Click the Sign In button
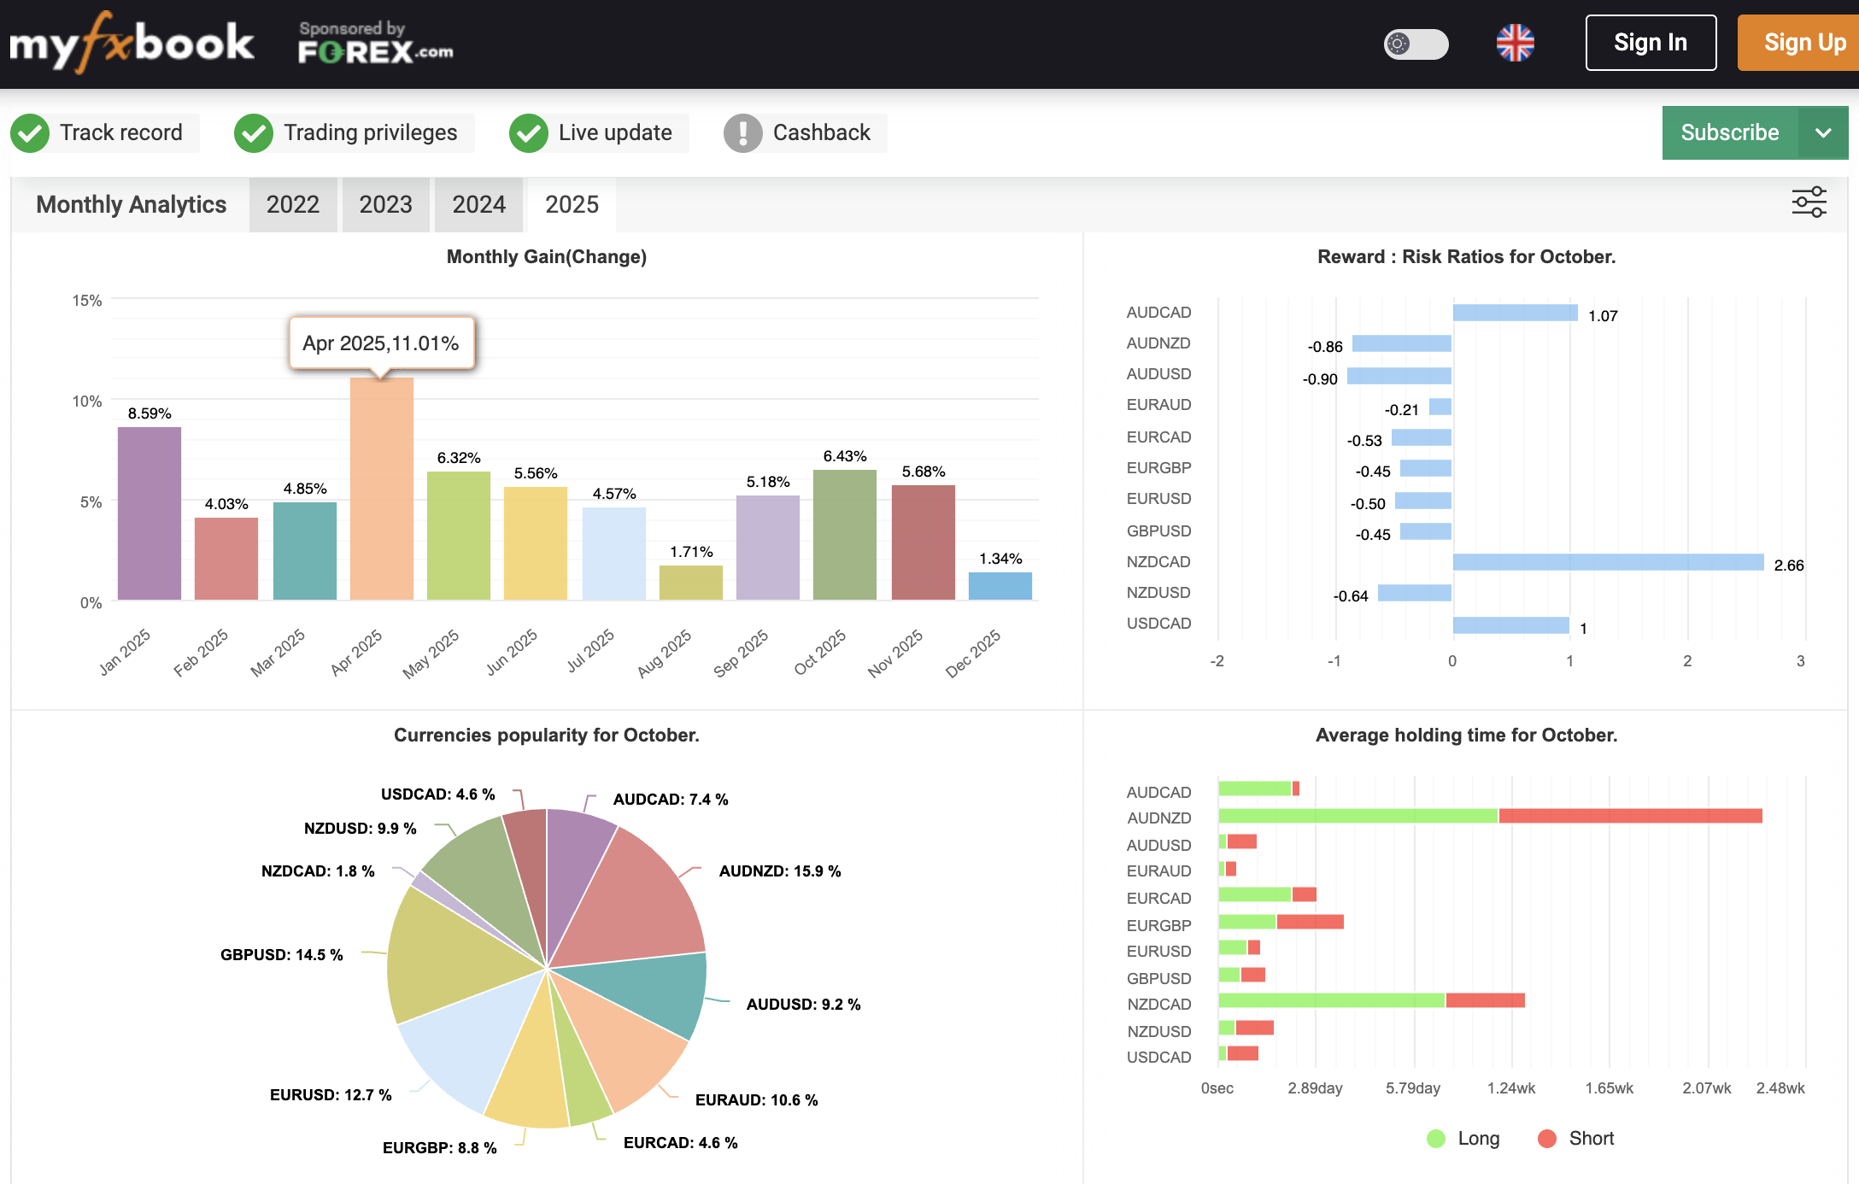coord(1650,43)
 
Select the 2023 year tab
coord(385,205)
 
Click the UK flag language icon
coord(1515,43)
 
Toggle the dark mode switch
coord(1416,44)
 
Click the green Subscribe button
coord(1729,133)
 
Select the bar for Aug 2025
coord(690,583)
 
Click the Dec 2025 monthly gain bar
coord(1000,586)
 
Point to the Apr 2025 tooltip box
coord(381,343)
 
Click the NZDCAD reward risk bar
coord(1607,562)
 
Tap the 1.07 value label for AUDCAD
coord(1603,316)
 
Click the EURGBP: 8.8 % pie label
coord(439,1148)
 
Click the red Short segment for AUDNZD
coord(1629,817)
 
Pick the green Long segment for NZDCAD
coord(1331,1000)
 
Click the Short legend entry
coord(1576,1139)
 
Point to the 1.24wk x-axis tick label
coord(1510,1088)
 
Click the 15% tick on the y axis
coord(87,301)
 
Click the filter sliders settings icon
coord(1809,203)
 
